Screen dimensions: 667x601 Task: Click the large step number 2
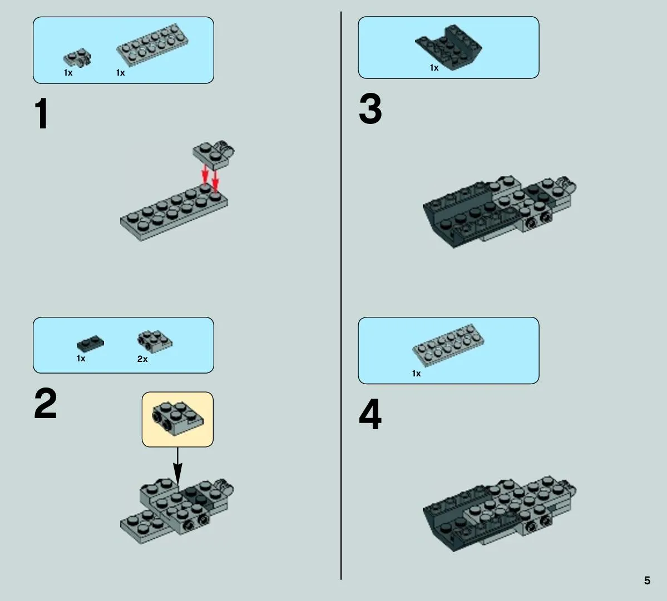click(x=46, y=403)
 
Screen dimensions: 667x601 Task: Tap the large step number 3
click(x=370, y=109)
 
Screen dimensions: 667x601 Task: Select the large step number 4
click(x=370, y=414)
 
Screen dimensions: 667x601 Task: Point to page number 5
click(x=647, y=580)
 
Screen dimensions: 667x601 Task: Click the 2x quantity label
click(x=142, y=359)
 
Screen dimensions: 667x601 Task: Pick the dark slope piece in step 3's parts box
click(x=448, y=47)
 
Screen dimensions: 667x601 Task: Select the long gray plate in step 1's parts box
click(x=152, y=44)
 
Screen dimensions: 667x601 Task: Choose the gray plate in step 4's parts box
click(x=448, y=345)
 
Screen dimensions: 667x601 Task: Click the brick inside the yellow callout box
click(x=178, y=418)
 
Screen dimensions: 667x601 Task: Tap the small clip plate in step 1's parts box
click(x=77, y=58)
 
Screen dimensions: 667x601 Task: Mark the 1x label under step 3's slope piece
click(x=434, y=68)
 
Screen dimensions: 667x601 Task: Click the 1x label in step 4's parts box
click(x=416, y=374)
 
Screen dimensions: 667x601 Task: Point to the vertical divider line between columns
click(x=340, y=295)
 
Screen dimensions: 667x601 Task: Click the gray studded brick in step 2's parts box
click(x=155, y=341)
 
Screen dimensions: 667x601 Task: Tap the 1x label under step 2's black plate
click(x=81, y=359)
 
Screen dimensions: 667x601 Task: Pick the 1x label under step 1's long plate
click(x=120, y=73)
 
